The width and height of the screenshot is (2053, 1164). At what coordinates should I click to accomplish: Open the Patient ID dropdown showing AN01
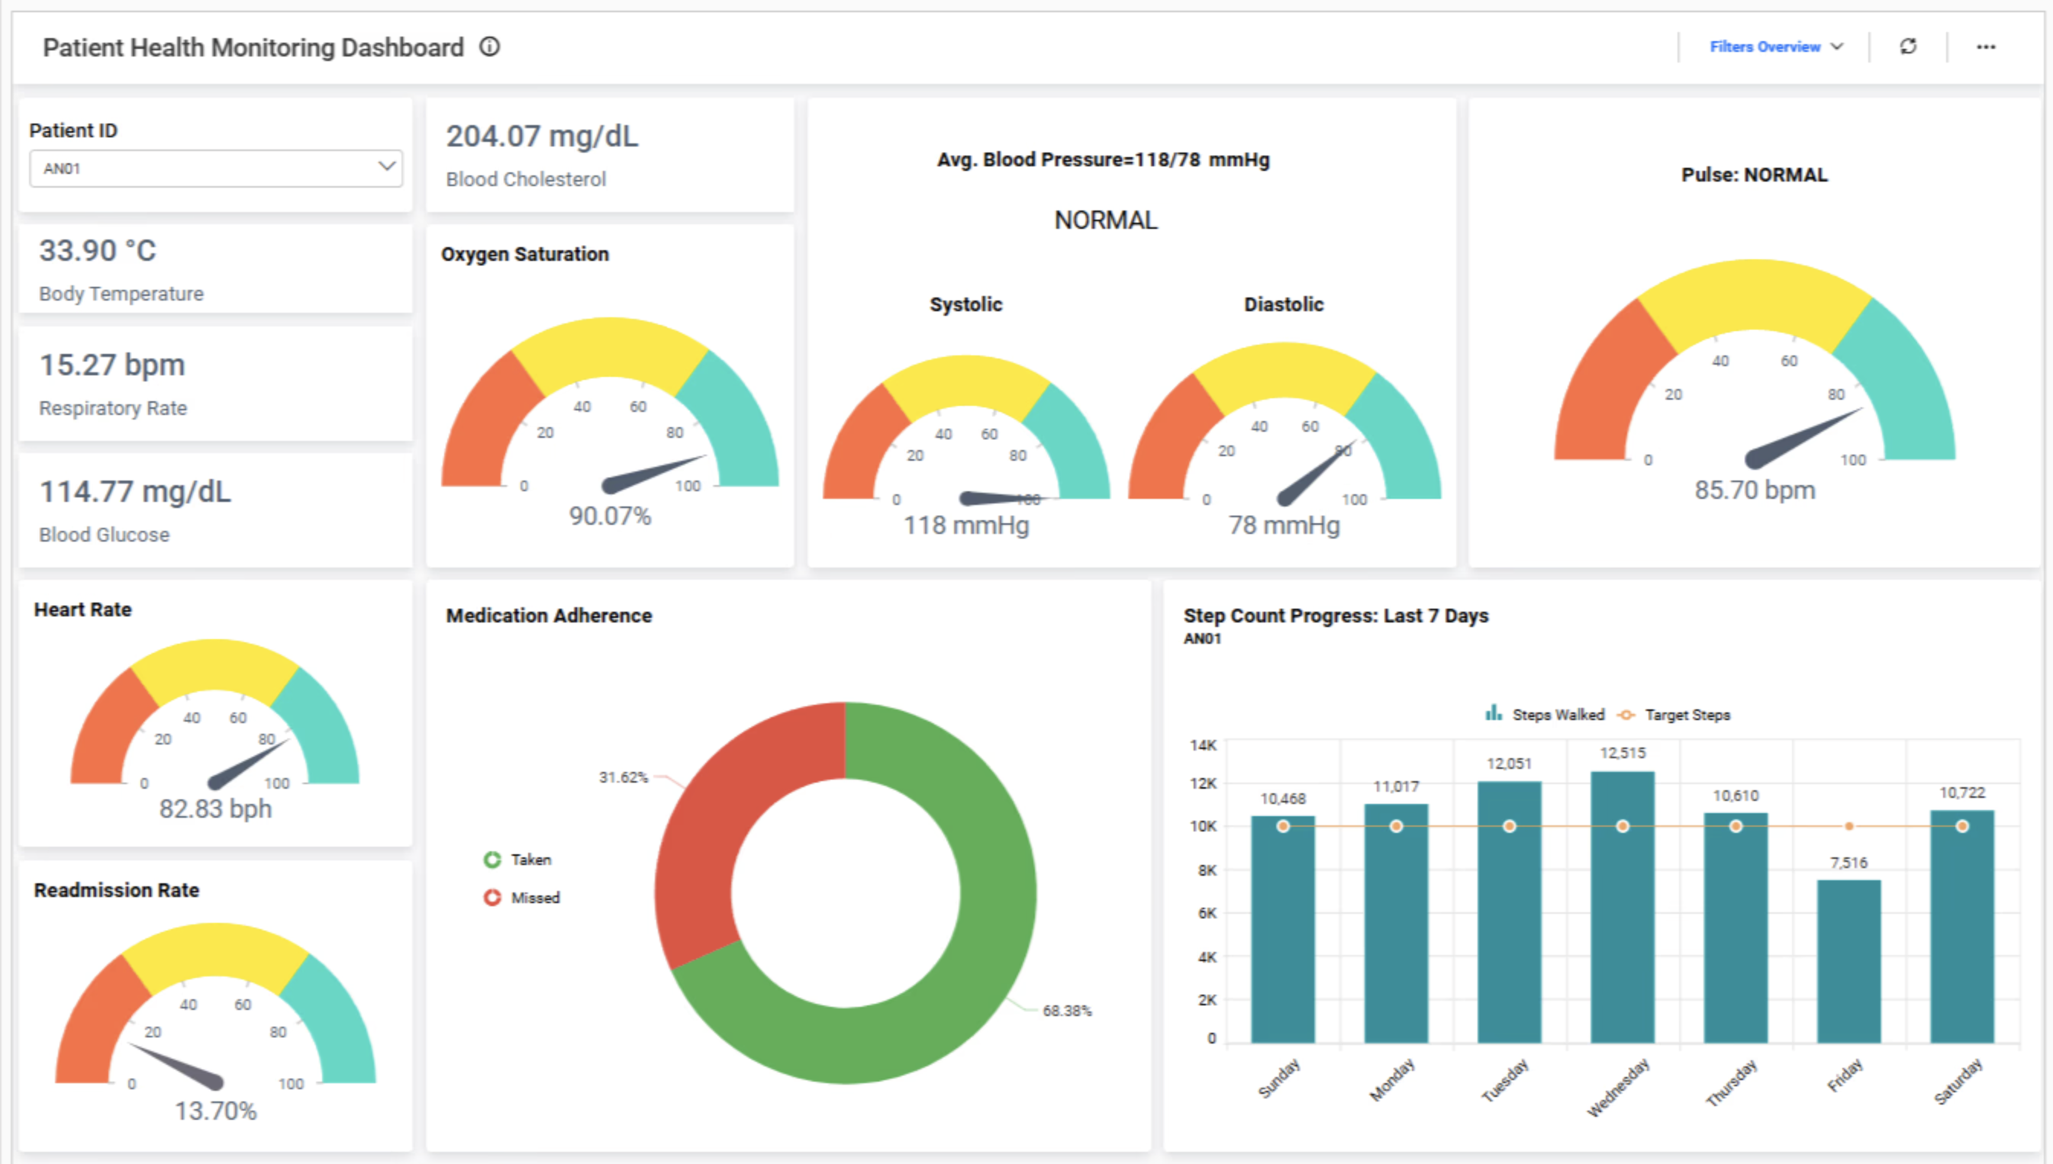[x=215, y=168]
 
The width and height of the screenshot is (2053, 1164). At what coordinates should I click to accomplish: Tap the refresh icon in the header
[x=1908, y=47]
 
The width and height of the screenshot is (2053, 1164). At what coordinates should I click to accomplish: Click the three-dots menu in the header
[x=1986, y=47]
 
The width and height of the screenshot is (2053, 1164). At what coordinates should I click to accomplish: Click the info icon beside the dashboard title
[x=489, y=47]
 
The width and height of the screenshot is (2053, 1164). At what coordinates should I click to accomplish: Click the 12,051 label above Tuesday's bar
[x=1508, y=764]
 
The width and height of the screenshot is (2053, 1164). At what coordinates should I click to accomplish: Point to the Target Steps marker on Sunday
[x=1283, y=826]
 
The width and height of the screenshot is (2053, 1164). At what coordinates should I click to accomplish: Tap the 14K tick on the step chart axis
[x=1203, y=745]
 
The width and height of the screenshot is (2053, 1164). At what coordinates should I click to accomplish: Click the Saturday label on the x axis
[x=1958, y=1081]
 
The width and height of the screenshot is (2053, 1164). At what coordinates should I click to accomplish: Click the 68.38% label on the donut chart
[x=1067, y=1011]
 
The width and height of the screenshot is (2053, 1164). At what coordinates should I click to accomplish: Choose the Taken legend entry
[x=530, y=860]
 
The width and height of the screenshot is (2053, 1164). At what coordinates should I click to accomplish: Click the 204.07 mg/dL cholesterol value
[x=542, y=137]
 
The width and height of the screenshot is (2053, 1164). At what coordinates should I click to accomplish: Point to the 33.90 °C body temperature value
[x=98, y=251]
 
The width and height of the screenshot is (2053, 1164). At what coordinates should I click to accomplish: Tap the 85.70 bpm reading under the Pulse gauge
[x=1755, y=490]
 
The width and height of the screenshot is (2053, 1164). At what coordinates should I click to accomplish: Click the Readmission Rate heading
[x=117, y=890]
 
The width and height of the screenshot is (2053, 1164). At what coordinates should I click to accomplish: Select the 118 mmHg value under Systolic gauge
[x=966, y=526]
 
